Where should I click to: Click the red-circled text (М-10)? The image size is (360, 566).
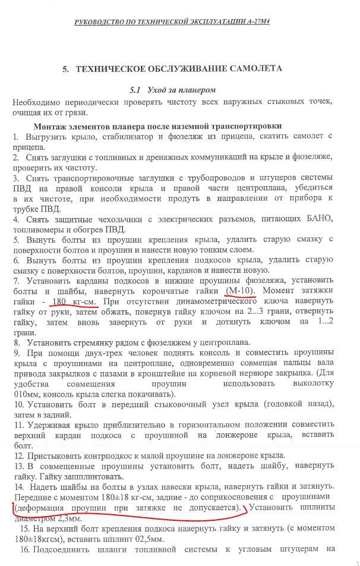(241, 290)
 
